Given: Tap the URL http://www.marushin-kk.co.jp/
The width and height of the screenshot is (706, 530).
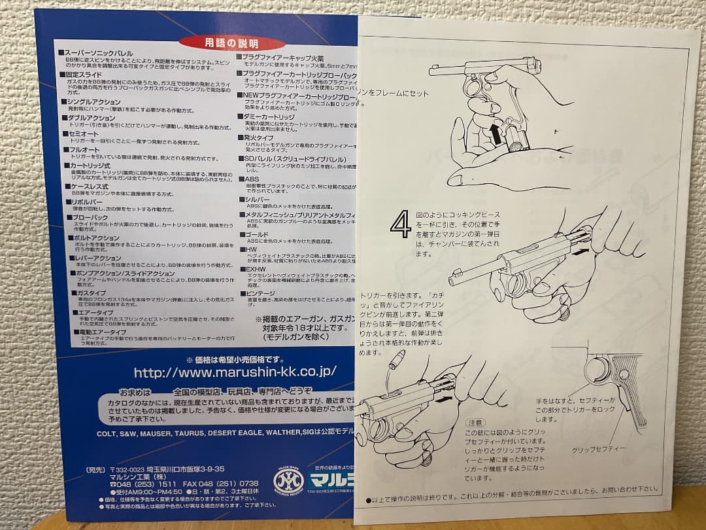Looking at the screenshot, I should tap(235, 372).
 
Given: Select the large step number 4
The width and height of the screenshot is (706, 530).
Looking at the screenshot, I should tap(400, 224).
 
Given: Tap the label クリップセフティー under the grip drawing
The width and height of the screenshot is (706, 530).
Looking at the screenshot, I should tap(598, 450).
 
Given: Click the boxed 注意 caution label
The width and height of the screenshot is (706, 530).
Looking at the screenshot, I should tap(475, 423).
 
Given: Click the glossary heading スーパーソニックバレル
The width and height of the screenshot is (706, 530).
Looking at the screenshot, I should tap(98, 52).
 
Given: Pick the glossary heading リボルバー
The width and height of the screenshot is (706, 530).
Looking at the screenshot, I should tap(83, 203).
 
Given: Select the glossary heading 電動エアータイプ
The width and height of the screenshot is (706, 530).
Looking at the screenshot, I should tap(98, 332).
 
